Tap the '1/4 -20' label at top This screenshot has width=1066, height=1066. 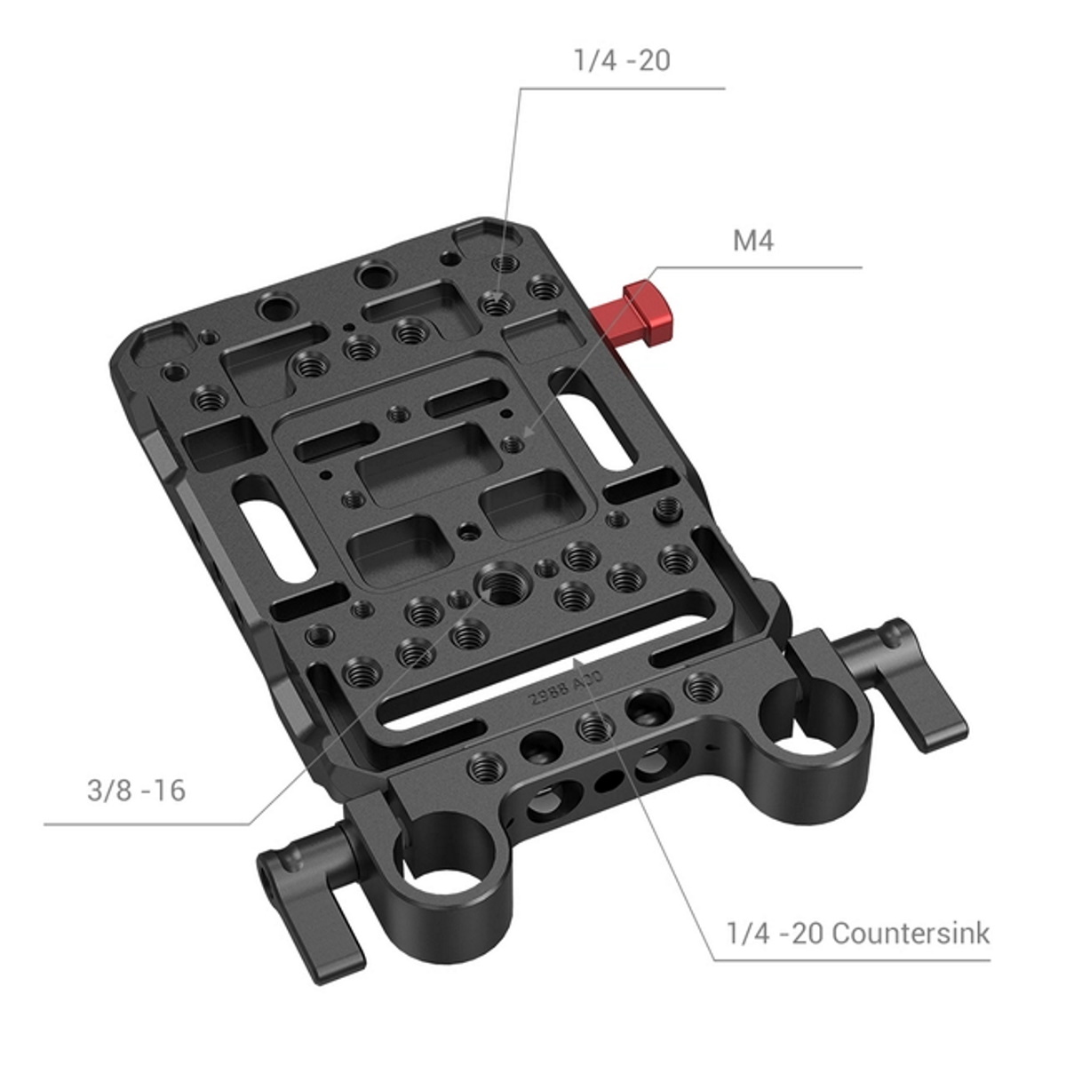(x=622, y=60)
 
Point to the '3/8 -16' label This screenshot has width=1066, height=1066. (x=136, y=790)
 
